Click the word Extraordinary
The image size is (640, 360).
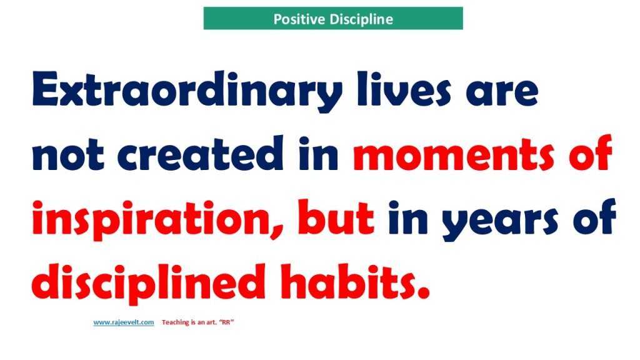click(x=187, y=91)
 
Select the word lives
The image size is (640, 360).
click(x=404, y=89)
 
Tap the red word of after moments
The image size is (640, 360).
click(x=591, y=152)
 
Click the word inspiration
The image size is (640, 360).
click(x=149, y=219)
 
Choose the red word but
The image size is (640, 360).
click(x=336, y=217)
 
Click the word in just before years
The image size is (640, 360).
click(x=407, y=217)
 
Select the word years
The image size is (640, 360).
click(x=499, y=222)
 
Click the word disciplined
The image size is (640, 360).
click(x=149, y=283)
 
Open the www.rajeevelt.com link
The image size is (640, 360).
click(x=124, y=322)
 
